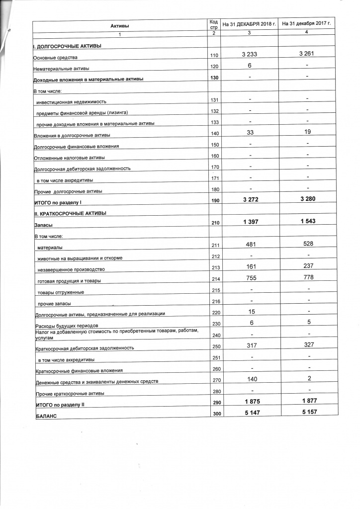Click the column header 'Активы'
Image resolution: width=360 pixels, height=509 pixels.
pos(119,25)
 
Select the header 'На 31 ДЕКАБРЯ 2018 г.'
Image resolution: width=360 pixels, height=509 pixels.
pos(249,23)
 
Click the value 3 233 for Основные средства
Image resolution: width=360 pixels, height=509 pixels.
pos(249,54)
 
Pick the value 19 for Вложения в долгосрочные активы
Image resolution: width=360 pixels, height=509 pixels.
pos(307,131)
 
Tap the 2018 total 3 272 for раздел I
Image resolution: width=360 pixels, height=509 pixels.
pos(249,199)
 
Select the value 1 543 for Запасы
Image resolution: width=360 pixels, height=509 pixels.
pos(307,221)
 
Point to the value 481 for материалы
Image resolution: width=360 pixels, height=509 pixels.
pos(249,244)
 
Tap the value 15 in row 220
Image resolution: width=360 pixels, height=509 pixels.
pos(250,311)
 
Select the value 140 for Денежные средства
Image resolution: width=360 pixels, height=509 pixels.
pos(250,378)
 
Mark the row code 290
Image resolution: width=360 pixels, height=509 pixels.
pos(215,403)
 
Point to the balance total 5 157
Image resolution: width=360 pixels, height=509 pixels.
pos(307,412)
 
